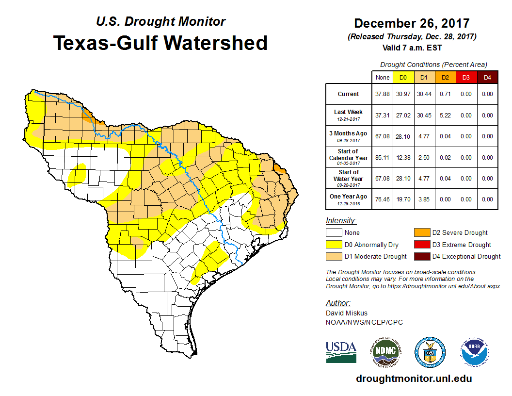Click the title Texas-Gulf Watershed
click(160, 43)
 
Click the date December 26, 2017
click(412, 23)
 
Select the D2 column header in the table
click(445, 77)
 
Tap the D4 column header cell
click(487, 77)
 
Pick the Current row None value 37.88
click(383, 94)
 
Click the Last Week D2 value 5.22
click(445, 115)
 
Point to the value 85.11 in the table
click(383, 158)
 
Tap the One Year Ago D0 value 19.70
click(403, 199)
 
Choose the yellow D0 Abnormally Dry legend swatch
click(334, 245)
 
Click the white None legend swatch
click(334, 233)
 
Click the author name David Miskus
click(346, 313)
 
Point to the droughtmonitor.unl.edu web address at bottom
click(414, 379)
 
